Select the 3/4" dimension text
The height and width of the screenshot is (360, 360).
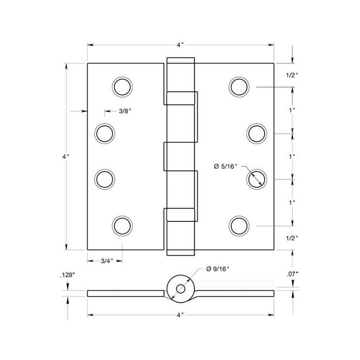click(x=107, y=261)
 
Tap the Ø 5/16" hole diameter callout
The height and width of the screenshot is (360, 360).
click(x=225, y=167)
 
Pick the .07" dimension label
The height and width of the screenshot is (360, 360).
click(x=292, y=274)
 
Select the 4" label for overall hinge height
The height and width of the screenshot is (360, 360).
click(x=66, y=157)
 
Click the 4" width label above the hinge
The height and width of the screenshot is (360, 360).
click(x=180, y=45)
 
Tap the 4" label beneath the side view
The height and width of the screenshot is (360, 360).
click(x=180, y=315)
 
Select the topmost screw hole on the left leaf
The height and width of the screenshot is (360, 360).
click(x=122, y=87)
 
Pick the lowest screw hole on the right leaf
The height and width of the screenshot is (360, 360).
click(x=239, y=225)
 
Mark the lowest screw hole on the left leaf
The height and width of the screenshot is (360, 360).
click(x=122, y=225)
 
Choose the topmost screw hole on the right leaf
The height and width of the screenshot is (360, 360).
click(x=239, y=87)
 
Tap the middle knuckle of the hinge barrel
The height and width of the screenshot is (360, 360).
click(x=180, y=157)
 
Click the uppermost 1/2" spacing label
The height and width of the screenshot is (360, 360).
click(x=292, y=75)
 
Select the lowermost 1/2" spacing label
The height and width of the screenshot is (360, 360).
click(x=292, y=238)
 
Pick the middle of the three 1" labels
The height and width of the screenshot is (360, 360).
click(x=292, y=157)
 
